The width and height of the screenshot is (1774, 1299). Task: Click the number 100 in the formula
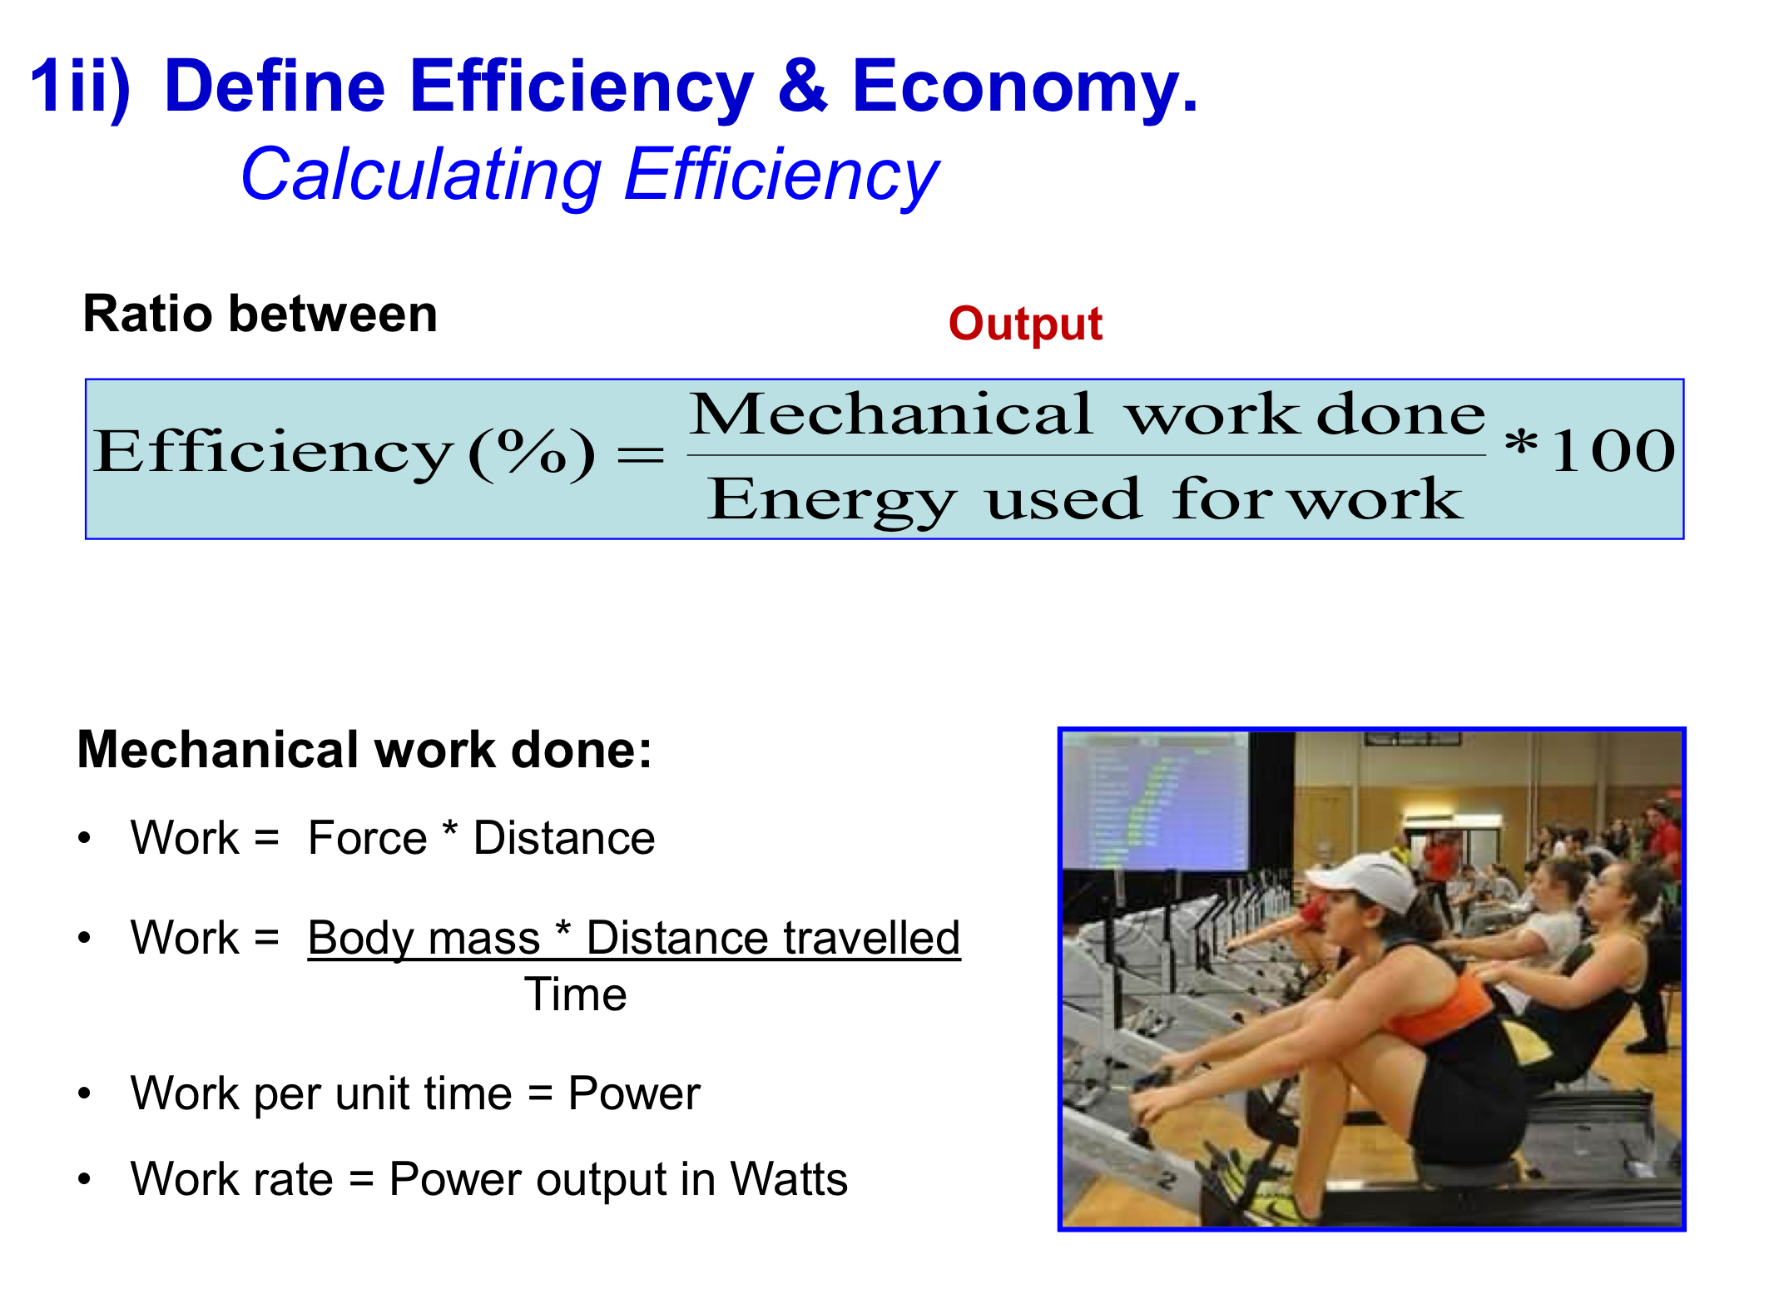tap(1613, 451)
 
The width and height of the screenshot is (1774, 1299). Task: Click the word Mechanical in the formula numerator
tap(890, 414)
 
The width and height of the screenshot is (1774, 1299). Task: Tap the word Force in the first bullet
tap(367, 838)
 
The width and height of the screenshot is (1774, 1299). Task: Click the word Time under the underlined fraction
tap(575, 994)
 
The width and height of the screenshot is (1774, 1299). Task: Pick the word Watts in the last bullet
tap(789, 1179)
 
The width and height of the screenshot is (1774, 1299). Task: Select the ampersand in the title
tap(802, 87)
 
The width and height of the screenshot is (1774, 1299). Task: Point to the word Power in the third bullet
tap(634, 1093)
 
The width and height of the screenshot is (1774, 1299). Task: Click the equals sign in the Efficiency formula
tap(641, 455)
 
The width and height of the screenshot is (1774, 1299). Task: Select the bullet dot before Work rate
tap(84, 1179)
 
